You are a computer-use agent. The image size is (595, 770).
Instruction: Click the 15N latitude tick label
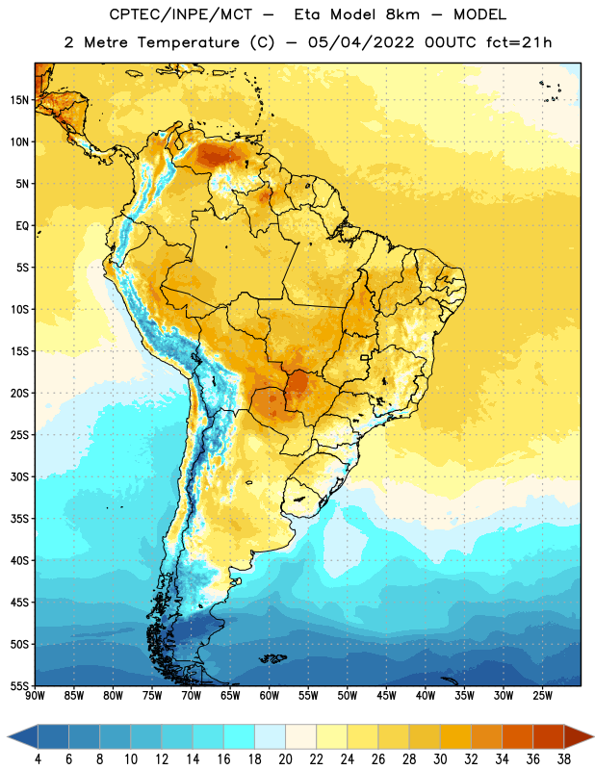point(19,100)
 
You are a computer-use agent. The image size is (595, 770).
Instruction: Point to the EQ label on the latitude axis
point(22,226)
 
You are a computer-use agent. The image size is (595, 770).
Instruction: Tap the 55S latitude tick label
point(19,685)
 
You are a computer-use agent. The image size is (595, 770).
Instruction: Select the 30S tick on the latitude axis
point(19,476)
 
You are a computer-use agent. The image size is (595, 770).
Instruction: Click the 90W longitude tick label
point(36,695)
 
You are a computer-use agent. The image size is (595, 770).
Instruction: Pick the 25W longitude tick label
point(542,695)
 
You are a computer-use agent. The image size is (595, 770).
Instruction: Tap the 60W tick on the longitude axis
point(270,695)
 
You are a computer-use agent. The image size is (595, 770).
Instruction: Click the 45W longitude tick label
point(386,695)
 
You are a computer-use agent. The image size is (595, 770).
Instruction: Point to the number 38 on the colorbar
point(564,759)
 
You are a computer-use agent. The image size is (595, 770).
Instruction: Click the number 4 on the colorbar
point(38,759)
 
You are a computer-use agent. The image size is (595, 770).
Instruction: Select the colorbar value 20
point(285,759)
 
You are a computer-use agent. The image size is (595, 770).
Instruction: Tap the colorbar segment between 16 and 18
point(239,737)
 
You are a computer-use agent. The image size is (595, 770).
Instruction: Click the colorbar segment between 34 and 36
point(517,737)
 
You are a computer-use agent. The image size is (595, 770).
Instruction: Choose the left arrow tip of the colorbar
point(9,737)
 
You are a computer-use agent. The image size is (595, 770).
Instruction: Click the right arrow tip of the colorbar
point(593,737)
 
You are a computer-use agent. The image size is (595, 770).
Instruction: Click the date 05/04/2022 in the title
point(361,42)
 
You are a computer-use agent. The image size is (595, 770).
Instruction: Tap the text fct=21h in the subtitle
point(519,42)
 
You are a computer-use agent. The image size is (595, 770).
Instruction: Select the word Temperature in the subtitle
point(188,42)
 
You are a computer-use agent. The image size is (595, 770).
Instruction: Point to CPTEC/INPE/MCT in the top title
point(180,14)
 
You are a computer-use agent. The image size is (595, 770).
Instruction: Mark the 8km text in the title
point(402,14)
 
